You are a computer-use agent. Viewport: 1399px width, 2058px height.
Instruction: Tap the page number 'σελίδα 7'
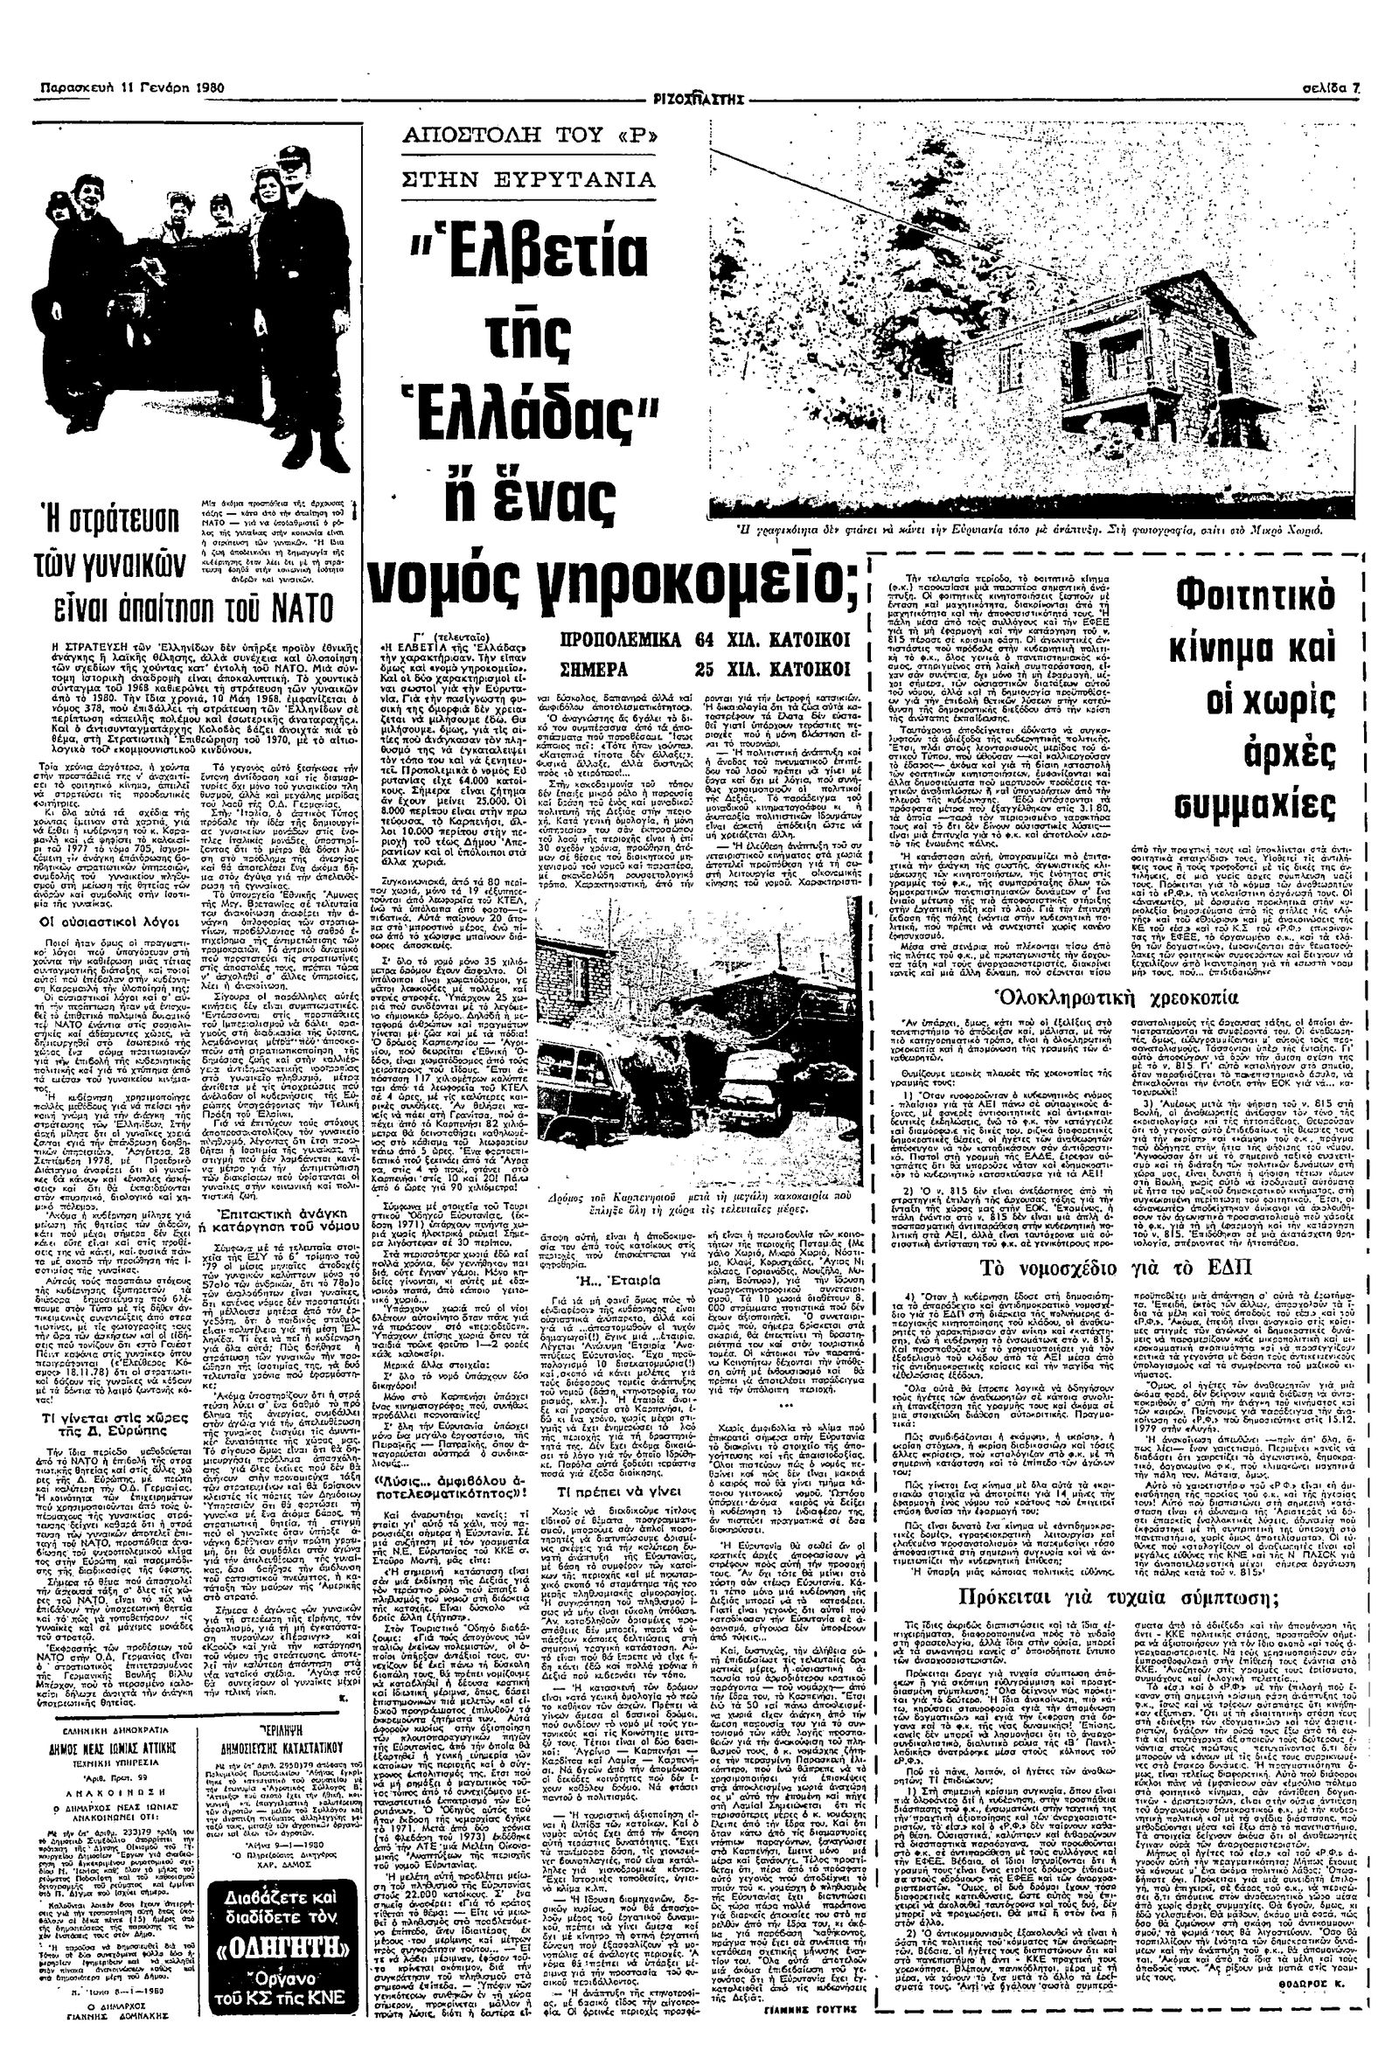coord(1335,89)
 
